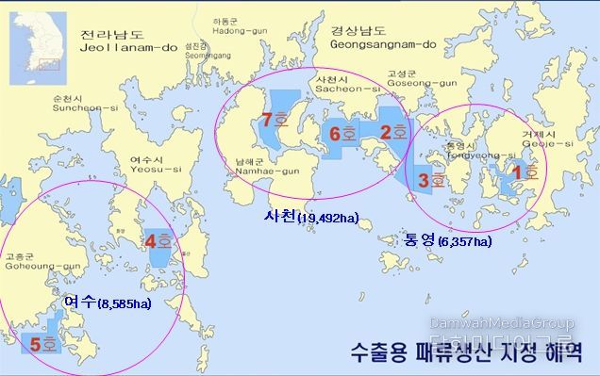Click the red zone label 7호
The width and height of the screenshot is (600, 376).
coord(275,121)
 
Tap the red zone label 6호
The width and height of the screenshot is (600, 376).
coord(342,134)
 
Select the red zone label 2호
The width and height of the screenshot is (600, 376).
coord(392,133)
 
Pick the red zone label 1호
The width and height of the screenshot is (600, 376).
coord(523,172)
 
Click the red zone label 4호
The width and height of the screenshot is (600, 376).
coord(158,241)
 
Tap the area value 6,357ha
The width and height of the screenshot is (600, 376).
coord(463,242)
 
